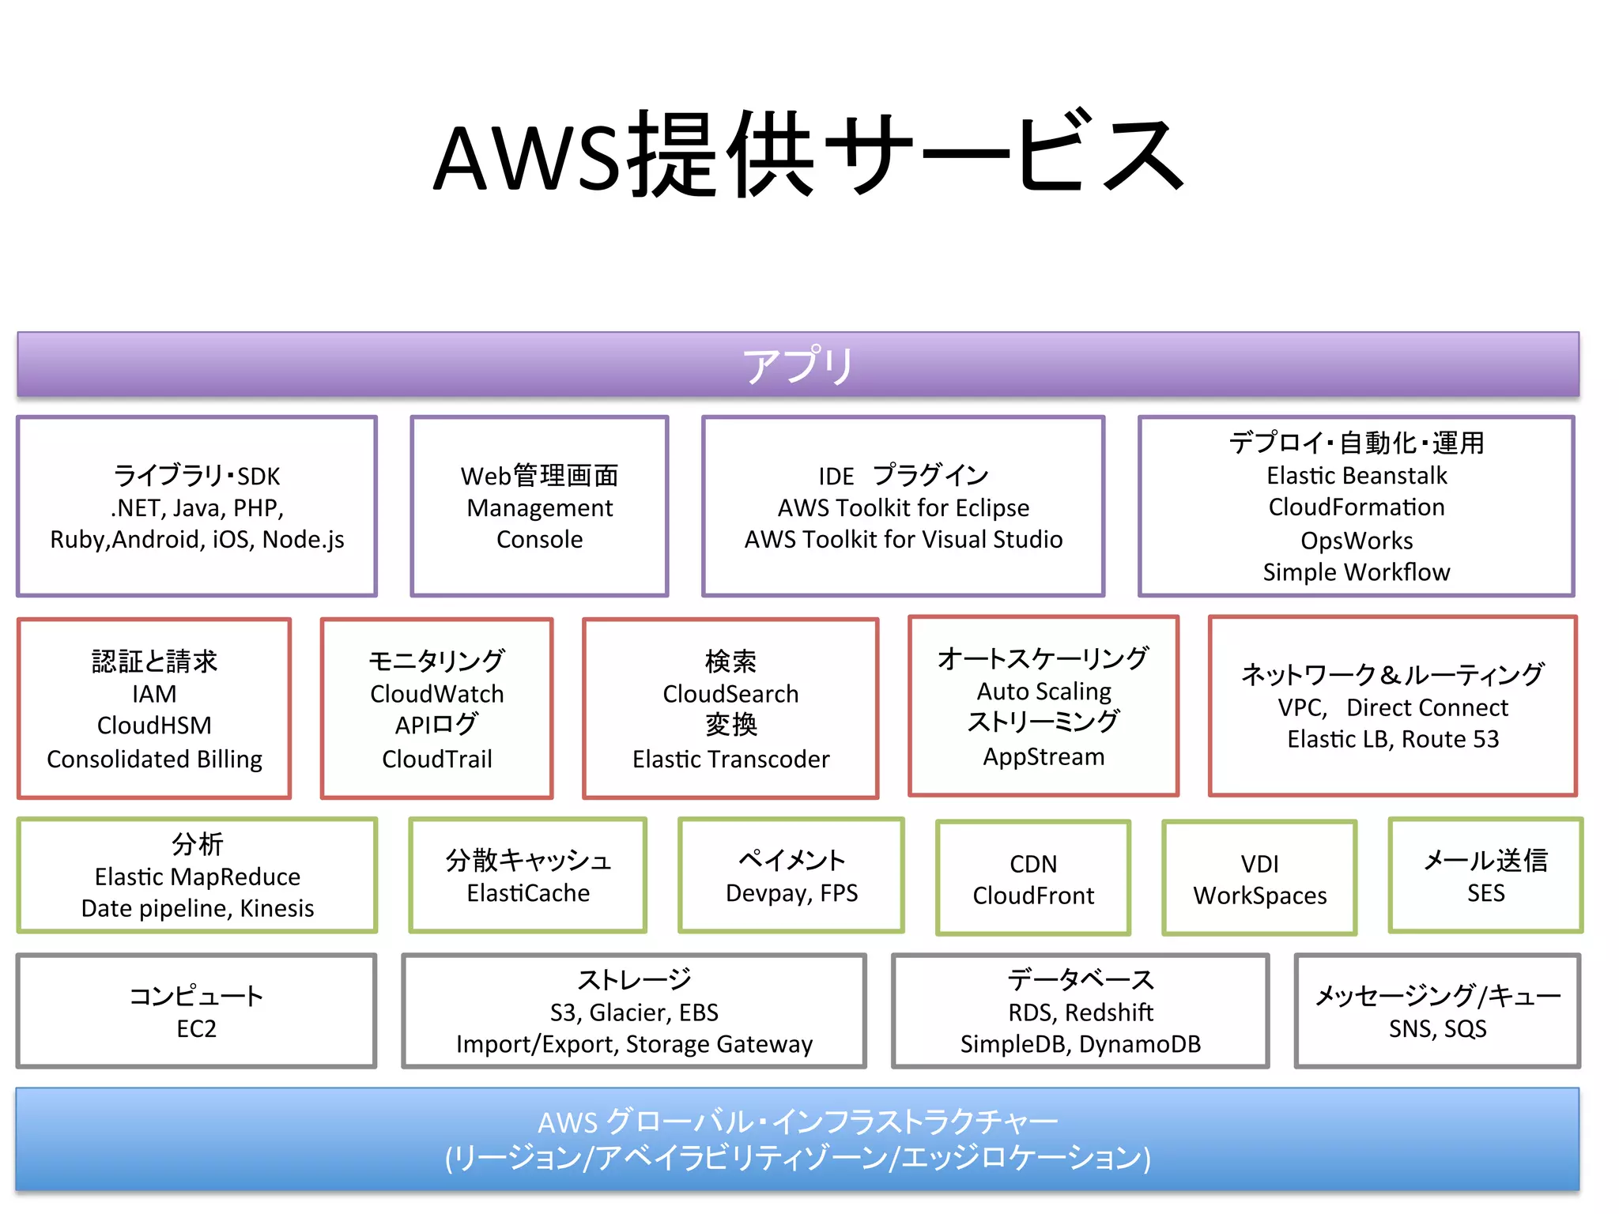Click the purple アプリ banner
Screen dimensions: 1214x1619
coord(798,364)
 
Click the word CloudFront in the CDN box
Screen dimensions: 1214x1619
coord(1032,895)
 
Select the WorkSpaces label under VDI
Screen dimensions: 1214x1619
coord(1259,895)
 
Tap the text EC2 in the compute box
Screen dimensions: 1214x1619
coord(196,1028)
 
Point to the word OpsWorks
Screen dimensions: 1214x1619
coord(1357,541)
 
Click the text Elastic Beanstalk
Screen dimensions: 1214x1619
coord(1357,476)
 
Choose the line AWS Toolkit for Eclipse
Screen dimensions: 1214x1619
coord(903,507)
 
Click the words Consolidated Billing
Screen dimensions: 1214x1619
coord(154,759)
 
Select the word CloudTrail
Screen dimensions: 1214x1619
coord(436,759)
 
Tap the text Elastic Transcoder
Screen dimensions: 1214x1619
coord(730,759)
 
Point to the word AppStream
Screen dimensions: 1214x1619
coord(1043,756)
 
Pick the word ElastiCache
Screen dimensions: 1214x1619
coord(528,893)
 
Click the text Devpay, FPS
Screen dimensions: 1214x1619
coord(791,893)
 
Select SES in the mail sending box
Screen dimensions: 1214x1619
coord(1485,893)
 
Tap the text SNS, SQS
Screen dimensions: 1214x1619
coord(1437,1028)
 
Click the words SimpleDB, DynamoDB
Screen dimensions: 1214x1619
coord(1080,1044)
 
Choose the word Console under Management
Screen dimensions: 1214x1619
coord(539,539)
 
